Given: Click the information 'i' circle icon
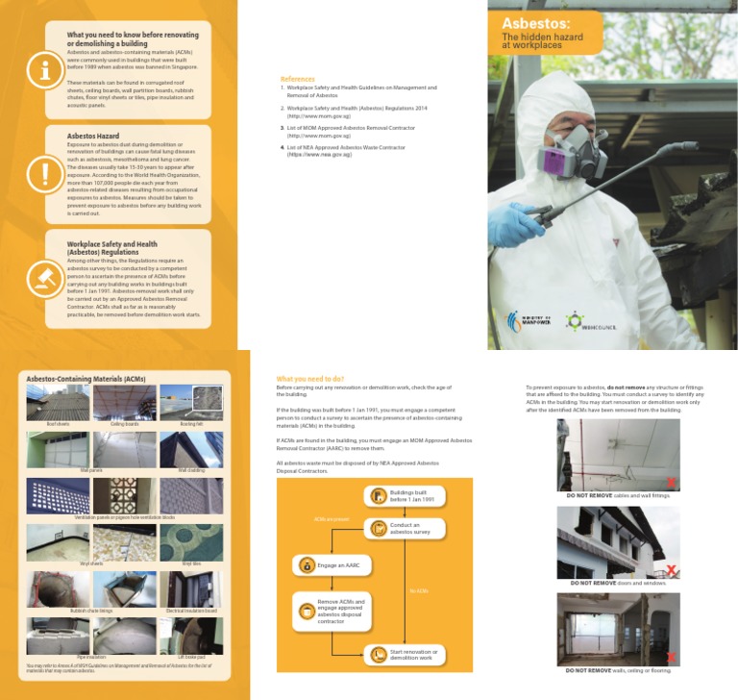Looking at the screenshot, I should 44,69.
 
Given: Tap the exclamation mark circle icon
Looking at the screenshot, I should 44,174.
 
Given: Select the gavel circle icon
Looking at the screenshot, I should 44,278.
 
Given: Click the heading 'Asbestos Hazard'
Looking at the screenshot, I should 93,137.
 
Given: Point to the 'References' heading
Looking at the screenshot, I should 297,79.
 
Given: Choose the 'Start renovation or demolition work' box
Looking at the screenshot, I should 405,655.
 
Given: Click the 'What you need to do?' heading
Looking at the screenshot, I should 309,379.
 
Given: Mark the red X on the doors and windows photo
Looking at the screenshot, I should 671,569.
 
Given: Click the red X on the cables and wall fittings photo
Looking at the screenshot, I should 671,482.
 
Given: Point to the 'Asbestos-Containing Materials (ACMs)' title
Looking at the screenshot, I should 86,379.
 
